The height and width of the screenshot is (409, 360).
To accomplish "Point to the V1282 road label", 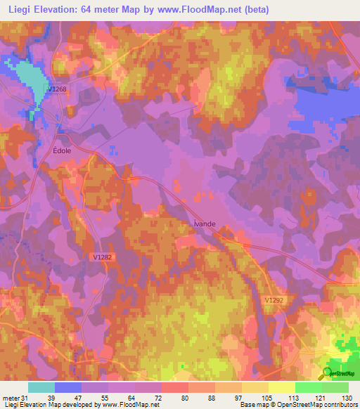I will coord(102,257).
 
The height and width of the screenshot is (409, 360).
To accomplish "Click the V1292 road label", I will coord(276,299).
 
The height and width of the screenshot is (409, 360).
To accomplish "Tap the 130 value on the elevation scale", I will coord(346,398).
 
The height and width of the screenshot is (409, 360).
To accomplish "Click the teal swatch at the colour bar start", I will coord(41,387).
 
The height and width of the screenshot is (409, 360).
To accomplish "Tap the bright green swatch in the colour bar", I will coord(309,387).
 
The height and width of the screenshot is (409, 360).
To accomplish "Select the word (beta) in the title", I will coord(255,10).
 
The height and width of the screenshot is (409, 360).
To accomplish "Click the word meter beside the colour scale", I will coord(10,398).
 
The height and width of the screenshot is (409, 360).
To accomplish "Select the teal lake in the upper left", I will coord(28,81).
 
